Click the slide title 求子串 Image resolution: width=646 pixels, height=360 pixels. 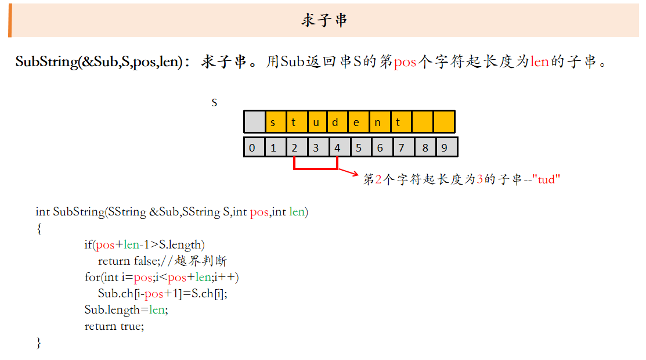tap(324, 20)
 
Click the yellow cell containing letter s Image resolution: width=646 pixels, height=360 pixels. tap(276, 122)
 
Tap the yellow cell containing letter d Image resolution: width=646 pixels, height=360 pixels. tap(338, 122)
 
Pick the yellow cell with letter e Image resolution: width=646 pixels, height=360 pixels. tap(359, 122)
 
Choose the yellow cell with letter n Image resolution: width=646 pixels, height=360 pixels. tap(380, 122)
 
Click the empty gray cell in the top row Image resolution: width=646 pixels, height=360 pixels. tap(254, 122)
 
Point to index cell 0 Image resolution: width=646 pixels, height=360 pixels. tap(254, 147)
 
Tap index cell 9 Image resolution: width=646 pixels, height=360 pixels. tap(446, 147)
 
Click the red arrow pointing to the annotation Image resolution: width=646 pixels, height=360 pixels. tap(349, 172)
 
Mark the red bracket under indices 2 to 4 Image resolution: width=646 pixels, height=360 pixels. tap(316, 168)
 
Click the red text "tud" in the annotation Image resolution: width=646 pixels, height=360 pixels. tap(546, 179)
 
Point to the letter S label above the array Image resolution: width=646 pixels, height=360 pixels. tap(214, 103)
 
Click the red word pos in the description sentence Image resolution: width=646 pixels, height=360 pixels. tap(405, 62)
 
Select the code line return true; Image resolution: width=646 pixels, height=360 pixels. tap(114, 326)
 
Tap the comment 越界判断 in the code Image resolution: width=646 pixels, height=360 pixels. tap(201, 261)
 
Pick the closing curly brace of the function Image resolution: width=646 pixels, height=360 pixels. tap(39, 343)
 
